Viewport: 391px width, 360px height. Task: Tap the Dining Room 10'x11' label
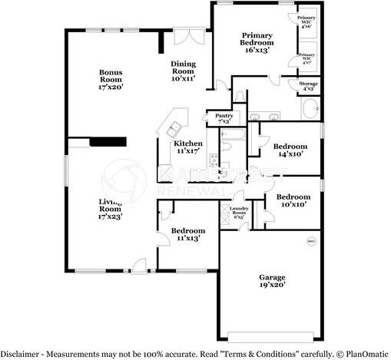click(184, 71)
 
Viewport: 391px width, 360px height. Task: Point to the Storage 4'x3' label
click(308, 86)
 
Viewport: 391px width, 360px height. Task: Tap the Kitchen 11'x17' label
click(187, 147)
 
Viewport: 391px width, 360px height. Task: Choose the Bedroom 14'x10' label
click(290, 150)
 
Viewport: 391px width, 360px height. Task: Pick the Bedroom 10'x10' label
click(293, 200)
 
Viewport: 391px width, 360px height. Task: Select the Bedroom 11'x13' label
click(187, 235)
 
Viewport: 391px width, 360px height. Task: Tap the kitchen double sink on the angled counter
click(174, 127)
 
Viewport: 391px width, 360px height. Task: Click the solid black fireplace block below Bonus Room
click(108, 141)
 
